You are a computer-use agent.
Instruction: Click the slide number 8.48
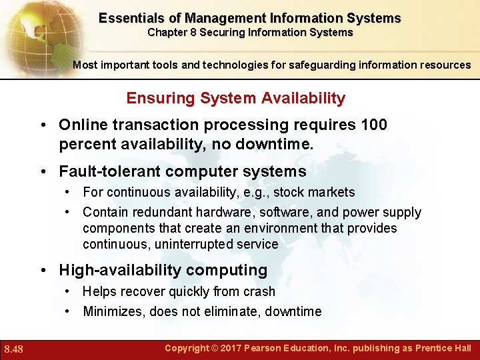13,349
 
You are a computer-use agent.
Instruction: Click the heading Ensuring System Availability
236,99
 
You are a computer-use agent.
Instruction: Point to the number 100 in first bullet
375,125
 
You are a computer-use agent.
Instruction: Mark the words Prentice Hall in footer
443,348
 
